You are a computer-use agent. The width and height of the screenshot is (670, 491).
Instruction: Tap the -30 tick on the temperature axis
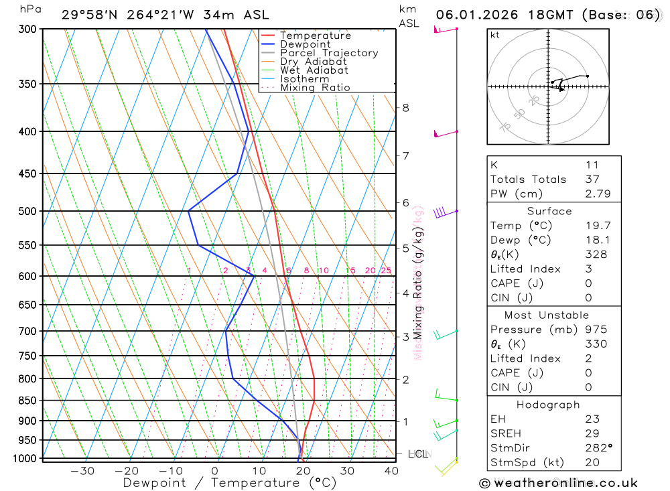click(82, 471)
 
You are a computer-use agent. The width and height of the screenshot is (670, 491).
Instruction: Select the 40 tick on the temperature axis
click(391, 471)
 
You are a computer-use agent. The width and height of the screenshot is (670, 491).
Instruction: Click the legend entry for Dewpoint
click(306, 44)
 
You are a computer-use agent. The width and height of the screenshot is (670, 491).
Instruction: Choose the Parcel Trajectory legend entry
click(329, 53)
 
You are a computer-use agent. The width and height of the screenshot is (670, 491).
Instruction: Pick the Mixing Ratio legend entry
click(315, 88)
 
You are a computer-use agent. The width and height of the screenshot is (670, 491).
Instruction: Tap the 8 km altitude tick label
click(405, 108)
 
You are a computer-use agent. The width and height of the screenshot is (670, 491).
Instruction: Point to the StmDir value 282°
click(598, 448)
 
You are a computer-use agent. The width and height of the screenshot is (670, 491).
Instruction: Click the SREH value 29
click(592, 433)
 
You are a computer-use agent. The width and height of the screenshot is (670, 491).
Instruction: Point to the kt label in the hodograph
click(494, 35)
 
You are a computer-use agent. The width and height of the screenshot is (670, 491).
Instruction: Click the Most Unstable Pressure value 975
click(596, 330)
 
